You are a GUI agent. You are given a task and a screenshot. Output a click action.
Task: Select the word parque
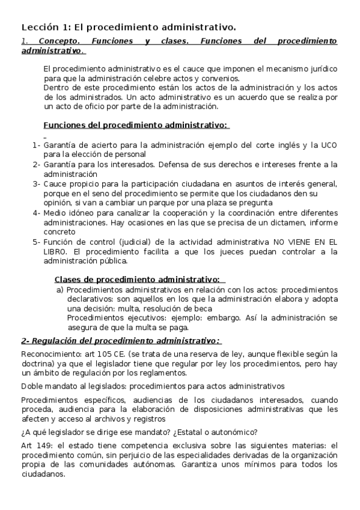click(x=165, y=203)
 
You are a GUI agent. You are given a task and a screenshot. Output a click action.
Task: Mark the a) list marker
click(x=59, y=289)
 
